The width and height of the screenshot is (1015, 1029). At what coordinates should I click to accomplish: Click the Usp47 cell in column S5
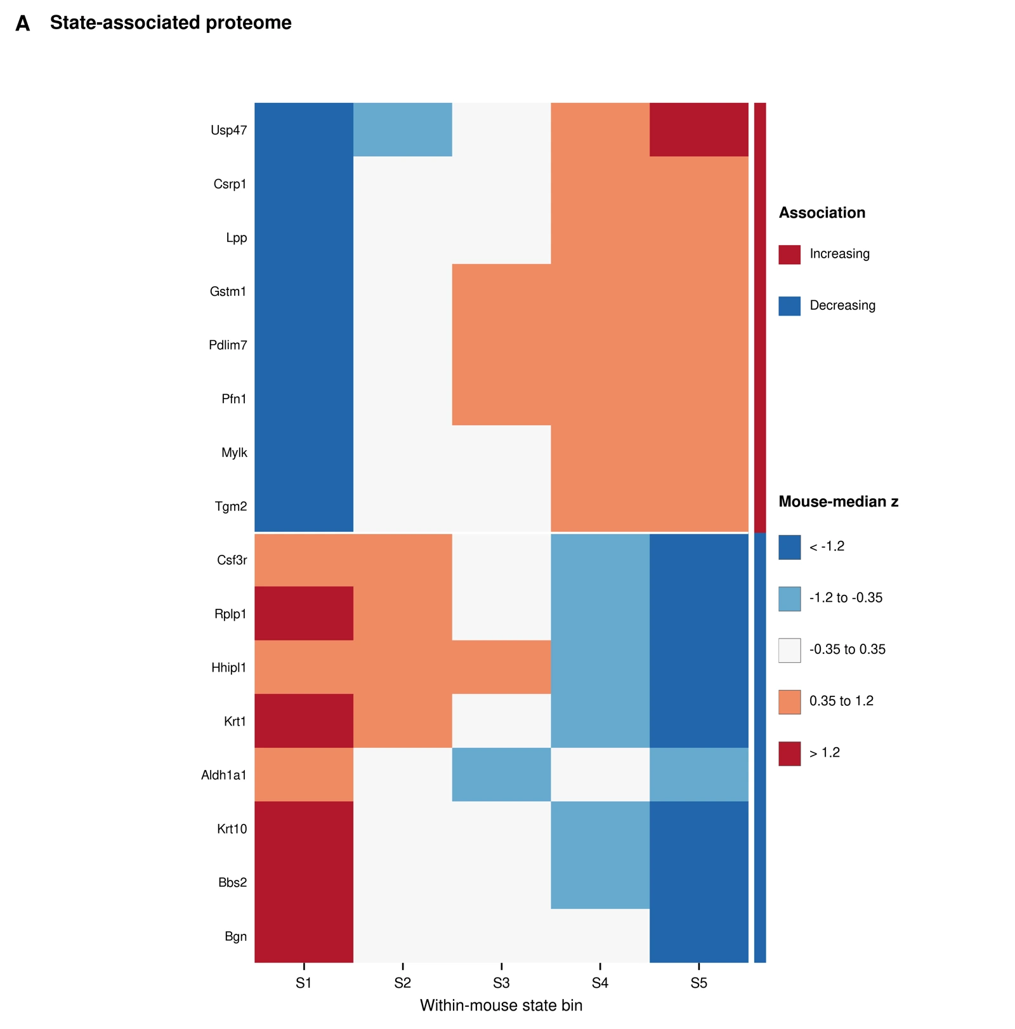(699, 129)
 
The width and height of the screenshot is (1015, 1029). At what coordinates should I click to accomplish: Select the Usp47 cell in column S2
(403, 129)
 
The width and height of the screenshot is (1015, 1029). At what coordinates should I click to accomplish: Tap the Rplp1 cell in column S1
(304, 613)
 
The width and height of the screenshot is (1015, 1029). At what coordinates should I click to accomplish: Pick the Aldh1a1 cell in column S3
(502, 774)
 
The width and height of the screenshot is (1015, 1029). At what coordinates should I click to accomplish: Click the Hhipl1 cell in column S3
(502, 667)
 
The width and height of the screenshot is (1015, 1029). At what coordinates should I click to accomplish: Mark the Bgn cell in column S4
(601, 936)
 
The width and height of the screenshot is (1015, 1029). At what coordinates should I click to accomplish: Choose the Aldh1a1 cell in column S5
(699, 774)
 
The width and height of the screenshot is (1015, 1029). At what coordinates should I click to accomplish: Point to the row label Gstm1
(228, 292)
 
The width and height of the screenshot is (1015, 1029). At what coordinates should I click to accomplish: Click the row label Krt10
(232, 829)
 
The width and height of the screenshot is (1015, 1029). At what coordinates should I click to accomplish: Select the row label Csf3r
(232, 561)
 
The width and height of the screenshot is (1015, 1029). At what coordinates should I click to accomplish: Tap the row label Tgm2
(231, 507)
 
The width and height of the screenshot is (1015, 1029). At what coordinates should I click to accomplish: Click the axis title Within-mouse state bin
(501, 1006)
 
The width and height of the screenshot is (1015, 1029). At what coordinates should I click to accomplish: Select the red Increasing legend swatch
(790, 255)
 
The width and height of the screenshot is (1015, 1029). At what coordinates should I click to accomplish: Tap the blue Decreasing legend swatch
(790, 306)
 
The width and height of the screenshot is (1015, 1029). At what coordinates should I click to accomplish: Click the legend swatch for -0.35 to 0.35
(790, 650)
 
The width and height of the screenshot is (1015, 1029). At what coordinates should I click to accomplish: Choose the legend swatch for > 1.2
(790, 753)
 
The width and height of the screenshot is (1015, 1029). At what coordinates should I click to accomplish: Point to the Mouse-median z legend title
(839, 501)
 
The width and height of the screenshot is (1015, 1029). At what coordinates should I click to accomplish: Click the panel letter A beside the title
(23, 23)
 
